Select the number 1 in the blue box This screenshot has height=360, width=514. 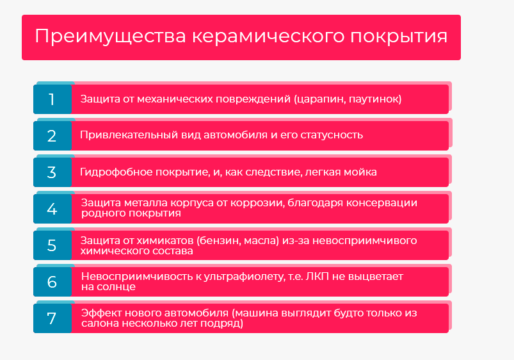click(x=51, y=99)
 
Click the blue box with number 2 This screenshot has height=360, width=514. click(x=52, y=136)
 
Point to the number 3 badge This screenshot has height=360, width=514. click(x=52, y=172)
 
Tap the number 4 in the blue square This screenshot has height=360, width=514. click(x=52, y=209)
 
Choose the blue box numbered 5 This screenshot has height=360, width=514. click(x=52, y=245)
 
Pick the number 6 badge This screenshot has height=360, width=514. click(x=52, y=282)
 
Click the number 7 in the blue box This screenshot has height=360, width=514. click(x=51, y=318)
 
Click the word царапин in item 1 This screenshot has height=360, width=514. click(x=319, y=99)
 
